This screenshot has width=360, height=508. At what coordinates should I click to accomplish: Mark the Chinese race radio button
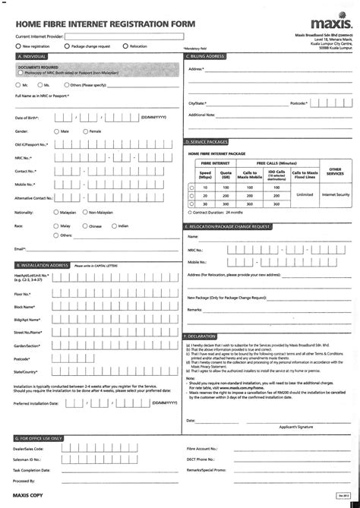point(84,226)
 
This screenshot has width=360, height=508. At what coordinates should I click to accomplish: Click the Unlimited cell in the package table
point(305,194)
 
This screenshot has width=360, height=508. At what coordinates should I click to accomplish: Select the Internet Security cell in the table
point(335,194)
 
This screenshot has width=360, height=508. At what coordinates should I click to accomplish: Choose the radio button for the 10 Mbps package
point(190,187)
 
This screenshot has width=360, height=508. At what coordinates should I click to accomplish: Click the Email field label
point(21,249)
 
